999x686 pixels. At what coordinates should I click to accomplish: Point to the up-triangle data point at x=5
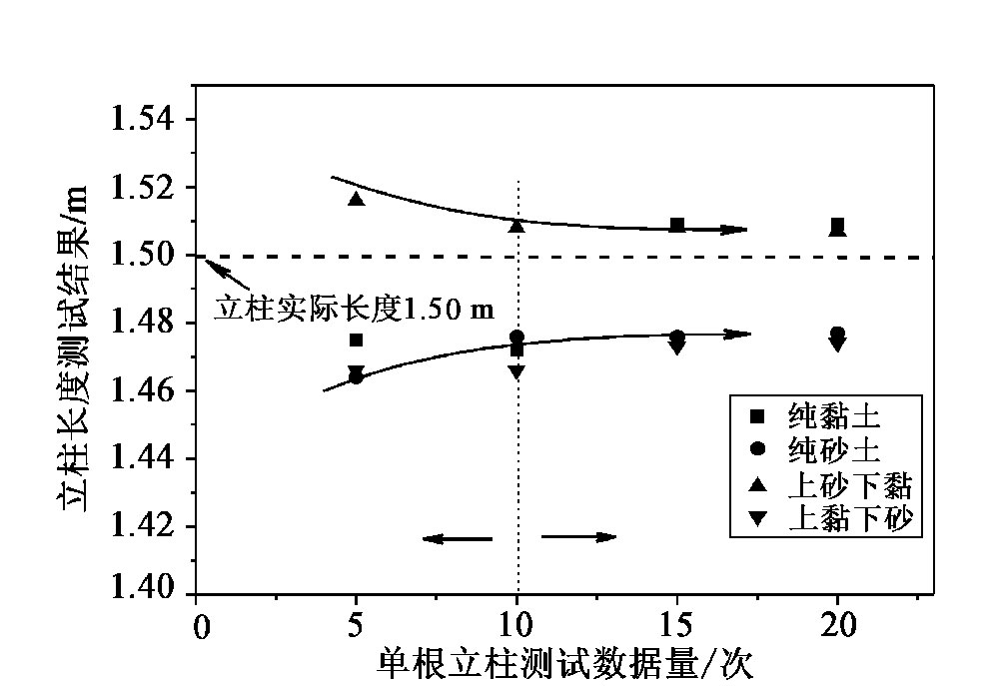point(357,199)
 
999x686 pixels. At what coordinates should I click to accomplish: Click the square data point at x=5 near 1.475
point(357,340)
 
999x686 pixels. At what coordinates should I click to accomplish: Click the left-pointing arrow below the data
point(457,539)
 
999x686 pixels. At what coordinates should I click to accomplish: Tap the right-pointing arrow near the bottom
point(579,537)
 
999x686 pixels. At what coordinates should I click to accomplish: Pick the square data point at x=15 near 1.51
point(677,225)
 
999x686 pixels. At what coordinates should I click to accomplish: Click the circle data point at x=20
point(837,334)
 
